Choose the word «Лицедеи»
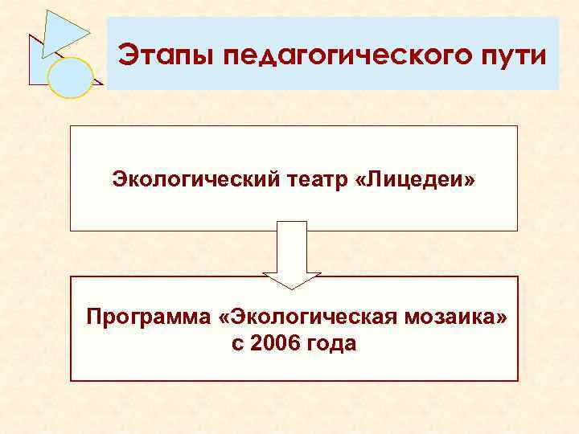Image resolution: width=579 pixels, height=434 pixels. [x=419, y=179]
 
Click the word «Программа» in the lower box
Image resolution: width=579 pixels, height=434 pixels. [x=149, y=316]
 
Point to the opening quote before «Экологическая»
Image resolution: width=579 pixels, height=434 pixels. [x=223, y=317]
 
